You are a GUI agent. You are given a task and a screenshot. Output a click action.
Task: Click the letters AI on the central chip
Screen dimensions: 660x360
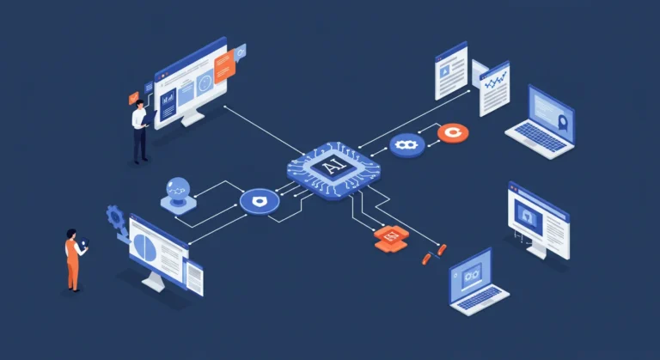pos(334,168)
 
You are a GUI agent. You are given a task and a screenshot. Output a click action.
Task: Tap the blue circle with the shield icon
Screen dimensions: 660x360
pos(260,202)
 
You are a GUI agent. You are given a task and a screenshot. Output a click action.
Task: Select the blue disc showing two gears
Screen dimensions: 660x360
pos(406,145)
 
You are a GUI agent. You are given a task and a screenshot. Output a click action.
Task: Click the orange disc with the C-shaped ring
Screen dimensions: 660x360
pos(453,133)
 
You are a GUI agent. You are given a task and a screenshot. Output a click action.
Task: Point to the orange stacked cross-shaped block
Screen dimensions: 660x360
pos(391,239)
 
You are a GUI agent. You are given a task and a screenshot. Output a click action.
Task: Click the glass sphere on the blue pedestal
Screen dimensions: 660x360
pos(178,187)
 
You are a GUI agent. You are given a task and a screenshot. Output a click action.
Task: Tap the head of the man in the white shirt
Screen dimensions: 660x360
pos(140,104)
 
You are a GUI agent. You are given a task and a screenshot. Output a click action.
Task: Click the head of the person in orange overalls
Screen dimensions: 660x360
pos(71,234)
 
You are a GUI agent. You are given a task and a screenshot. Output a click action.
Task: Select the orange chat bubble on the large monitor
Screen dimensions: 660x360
pos(224,66)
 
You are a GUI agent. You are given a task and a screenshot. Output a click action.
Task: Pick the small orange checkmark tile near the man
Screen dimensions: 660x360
pos(134,98)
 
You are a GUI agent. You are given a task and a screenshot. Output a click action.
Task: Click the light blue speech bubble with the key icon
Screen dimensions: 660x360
pos(241,52)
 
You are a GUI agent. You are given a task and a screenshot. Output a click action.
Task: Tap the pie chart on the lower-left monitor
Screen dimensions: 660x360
pos(144,247)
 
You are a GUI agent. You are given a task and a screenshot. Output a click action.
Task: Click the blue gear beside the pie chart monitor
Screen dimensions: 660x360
pos(115,217)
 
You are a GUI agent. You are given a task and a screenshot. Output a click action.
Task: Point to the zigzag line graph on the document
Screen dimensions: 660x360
pos(495,80)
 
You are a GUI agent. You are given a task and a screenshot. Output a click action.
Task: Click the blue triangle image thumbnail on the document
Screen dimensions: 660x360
pos(444,72)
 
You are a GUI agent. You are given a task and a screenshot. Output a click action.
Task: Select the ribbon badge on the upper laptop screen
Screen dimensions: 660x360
pos(562,123)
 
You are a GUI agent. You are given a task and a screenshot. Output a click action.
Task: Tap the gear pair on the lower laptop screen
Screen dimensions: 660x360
pos(471,276)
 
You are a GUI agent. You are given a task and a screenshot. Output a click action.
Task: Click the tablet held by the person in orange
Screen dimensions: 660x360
pos(83,243)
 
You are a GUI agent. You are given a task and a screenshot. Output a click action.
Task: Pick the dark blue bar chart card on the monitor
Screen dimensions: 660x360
pos(168,103)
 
